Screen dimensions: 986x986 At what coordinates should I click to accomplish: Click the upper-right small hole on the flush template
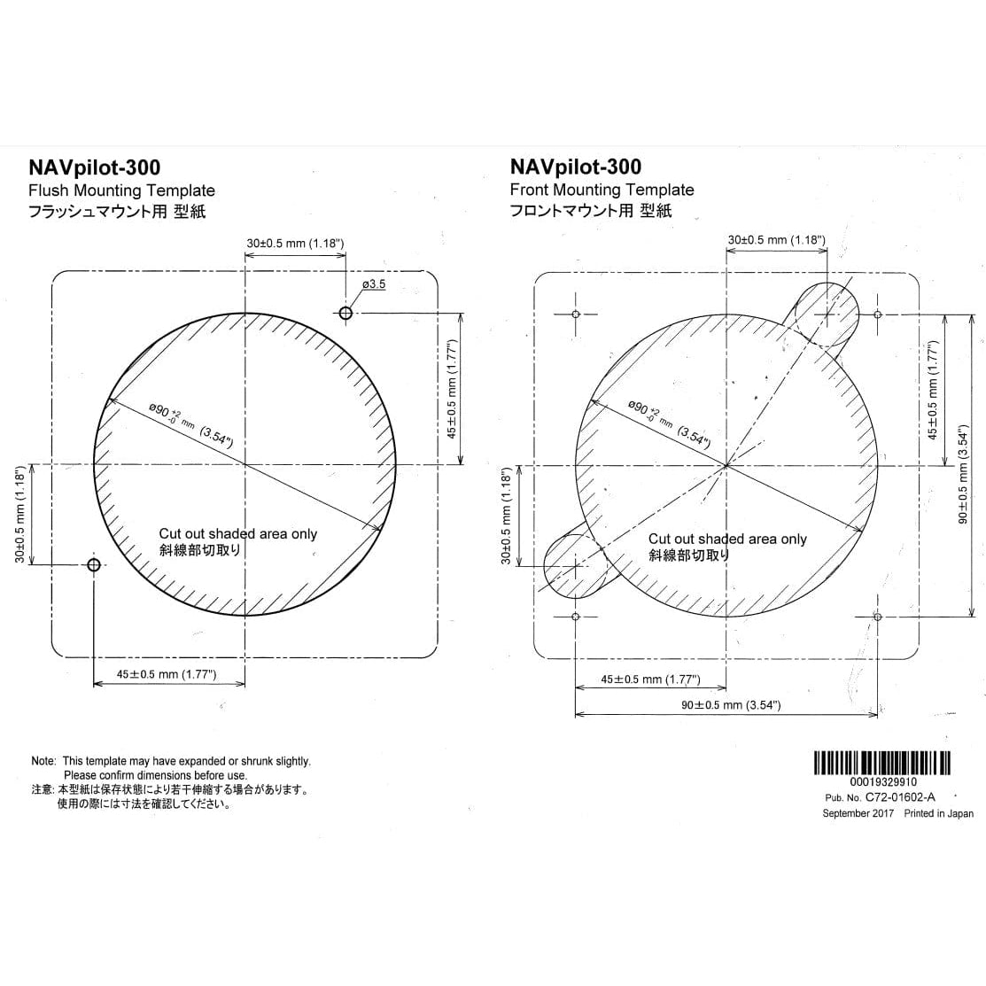(345, 314)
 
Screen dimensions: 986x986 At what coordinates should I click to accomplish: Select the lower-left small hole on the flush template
(94, 564)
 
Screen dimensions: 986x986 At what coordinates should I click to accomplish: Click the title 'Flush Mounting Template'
(121, 190)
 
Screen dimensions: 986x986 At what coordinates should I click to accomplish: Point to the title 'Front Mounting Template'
(602, 190)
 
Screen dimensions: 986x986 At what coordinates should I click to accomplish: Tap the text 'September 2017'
(858, 813)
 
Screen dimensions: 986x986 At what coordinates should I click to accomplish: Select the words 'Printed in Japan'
(938, 813)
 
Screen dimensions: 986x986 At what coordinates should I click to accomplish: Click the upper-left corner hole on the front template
(576, 314)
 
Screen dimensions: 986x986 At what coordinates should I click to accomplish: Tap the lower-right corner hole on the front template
(877, 616)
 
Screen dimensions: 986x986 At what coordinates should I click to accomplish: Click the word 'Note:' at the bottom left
(43, 761)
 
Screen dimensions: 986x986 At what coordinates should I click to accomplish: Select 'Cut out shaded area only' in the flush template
(237, 533)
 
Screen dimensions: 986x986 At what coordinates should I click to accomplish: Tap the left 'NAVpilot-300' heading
(95, 167)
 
